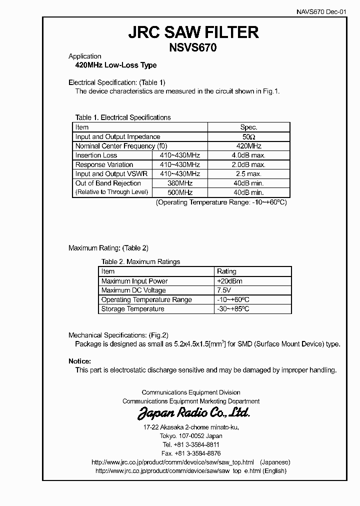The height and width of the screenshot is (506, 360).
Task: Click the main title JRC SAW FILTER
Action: tap(193, 32)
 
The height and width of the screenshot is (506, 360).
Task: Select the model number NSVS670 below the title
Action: tap(193, 48)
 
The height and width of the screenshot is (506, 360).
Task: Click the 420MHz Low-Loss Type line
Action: tap(115, 65)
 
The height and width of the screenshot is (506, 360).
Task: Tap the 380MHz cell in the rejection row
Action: tap(180, 183)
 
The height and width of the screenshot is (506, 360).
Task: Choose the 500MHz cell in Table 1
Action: tap(180, 192)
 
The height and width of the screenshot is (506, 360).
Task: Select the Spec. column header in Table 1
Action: tap(248, 127)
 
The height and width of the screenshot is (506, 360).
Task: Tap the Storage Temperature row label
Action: tap(132, 309)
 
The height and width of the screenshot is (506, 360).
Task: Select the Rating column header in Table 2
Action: tap(226, 271)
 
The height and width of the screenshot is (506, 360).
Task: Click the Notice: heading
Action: tap(79, 361)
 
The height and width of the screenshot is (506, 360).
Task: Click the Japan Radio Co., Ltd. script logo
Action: tap(193, 413)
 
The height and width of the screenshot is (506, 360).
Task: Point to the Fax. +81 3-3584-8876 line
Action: tap(191, 453)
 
